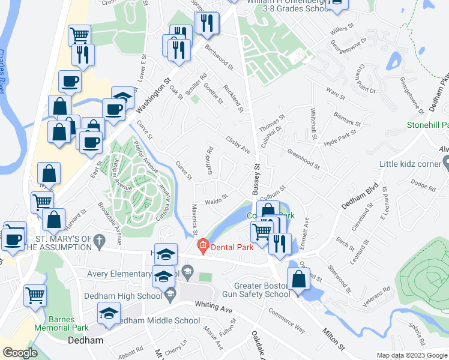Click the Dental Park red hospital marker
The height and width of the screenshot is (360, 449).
(x=203, y=245)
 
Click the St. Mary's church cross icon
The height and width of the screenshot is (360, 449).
(x=101, y=241)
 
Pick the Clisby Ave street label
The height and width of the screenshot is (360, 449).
(x=238, y=147)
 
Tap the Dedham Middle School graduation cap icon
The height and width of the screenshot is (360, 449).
(x=108, y=314)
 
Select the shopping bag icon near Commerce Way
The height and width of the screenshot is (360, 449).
(x=298, y=279)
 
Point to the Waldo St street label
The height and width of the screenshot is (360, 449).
(x=216, y=199)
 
